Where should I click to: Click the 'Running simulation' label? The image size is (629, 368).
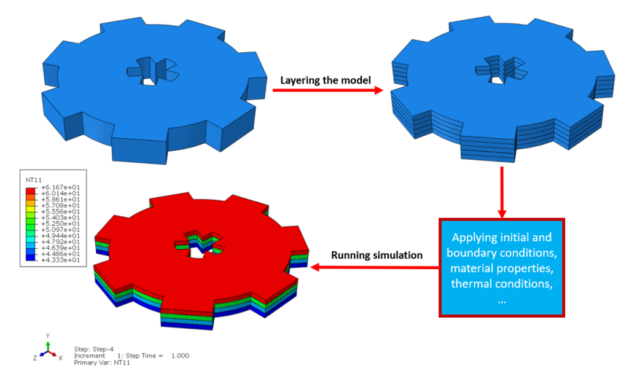tap(377, 255)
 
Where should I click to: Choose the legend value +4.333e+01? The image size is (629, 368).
tap(60, 260)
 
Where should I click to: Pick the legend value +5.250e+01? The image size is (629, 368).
tap(60, 223)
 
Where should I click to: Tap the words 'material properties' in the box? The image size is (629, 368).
tap(501, 268)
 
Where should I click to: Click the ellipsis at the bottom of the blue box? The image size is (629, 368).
tap(501, 299)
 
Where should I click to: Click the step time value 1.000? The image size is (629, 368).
tap(180, 356)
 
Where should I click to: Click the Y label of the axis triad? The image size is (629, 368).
tap(47, 336)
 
